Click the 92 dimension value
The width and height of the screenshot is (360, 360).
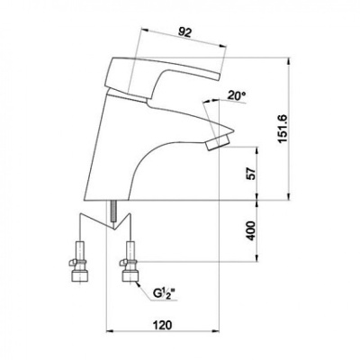[184, 32]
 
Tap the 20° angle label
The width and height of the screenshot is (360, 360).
[237, 95]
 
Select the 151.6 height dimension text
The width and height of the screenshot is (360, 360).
[283, 129]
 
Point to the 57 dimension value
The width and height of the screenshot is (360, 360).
[251, 174]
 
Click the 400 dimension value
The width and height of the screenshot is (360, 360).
[251, 230]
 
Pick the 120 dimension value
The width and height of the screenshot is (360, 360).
[163, 325]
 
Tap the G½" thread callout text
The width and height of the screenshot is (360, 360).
[164, 293]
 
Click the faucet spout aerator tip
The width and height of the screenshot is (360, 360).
[218, 142]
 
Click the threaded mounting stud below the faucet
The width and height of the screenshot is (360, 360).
[113, 211]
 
